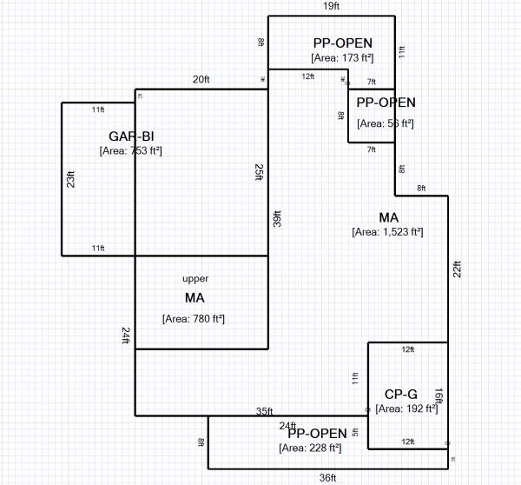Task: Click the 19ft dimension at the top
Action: (x=331, y=6)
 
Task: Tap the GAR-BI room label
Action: (x=131, y=136)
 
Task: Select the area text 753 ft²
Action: (x=131, y=150)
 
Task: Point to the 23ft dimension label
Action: (x=71, y=178)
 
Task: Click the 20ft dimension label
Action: (x=201, y=79)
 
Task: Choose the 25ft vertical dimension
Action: (x=259, y=173)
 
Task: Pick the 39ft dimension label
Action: (x=277, y=218)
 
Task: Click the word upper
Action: (x=195, y=279)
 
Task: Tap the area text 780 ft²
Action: (x=194, y=319)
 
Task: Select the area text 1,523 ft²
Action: (x=387, y=232)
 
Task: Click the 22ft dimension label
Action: (x=457, y=269)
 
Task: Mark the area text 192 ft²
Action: (x=407, y=409)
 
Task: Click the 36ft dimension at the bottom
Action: (x=326, y=477)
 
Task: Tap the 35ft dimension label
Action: (x=265, y=411)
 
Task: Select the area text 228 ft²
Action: (x=310, y=448)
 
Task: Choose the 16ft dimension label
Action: (x=439, y=395)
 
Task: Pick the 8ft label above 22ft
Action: (x=421, y=189)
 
